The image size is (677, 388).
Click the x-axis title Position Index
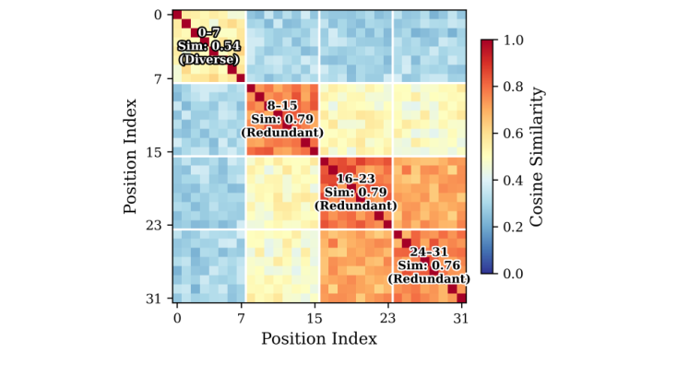[x=318, y=339]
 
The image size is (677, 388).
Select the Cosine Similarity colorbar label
[x=539, y=157]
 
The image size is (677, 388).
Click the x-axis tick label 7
[x=242, y=318]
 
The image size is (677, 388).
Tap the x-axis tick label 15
[x=315, y=318]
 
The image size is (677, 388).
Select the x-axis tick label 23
[x=387, y=318]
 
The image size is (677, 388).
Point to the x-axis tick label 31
[x=461, y=318]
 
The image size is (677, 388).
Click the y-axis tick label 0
[x=159, y=15]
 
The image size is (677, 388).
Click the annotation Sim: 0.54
[x=208, y=45]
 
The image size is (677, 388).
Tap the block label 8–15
[x=282, y=106]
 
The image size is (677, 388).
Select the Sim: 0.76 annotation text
[x=429, y=265]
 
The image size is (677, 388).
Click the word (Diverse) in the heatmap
[x=208, y=59]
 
